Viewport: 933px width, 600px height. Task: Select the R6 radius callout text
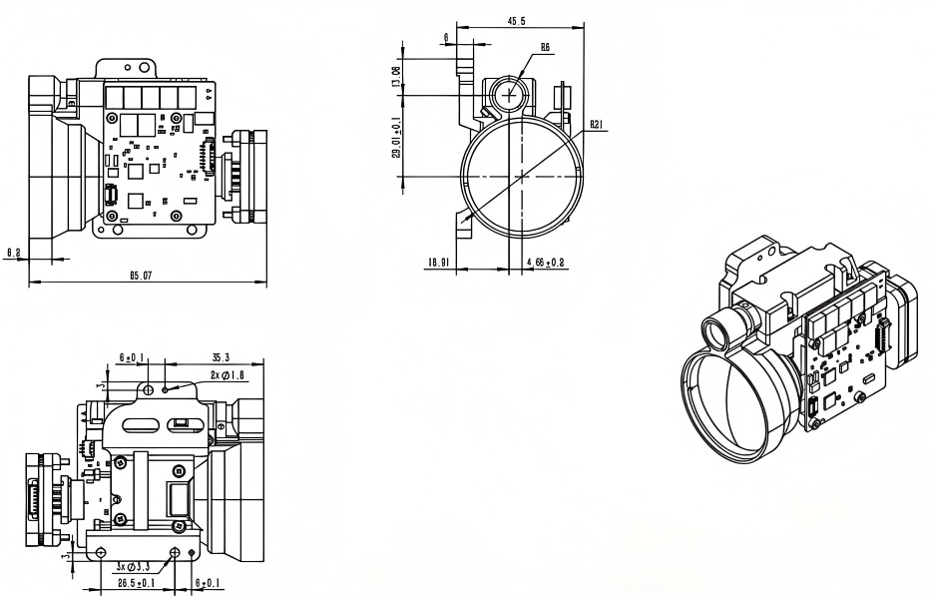(x=545, y=46)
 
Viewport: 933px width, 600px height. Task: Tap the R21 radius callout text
(x=596, y=125)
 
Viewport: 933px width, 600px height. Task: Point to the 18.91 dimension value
(x=439, y=263)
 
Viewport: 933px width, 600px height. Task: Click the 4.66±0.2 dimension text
(x=545, y=263)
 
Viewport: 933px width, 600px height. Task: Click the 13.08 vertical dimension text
(x=397, y=77)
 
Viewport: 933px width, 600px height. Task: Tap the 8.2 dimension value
(x=14, y=255)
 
